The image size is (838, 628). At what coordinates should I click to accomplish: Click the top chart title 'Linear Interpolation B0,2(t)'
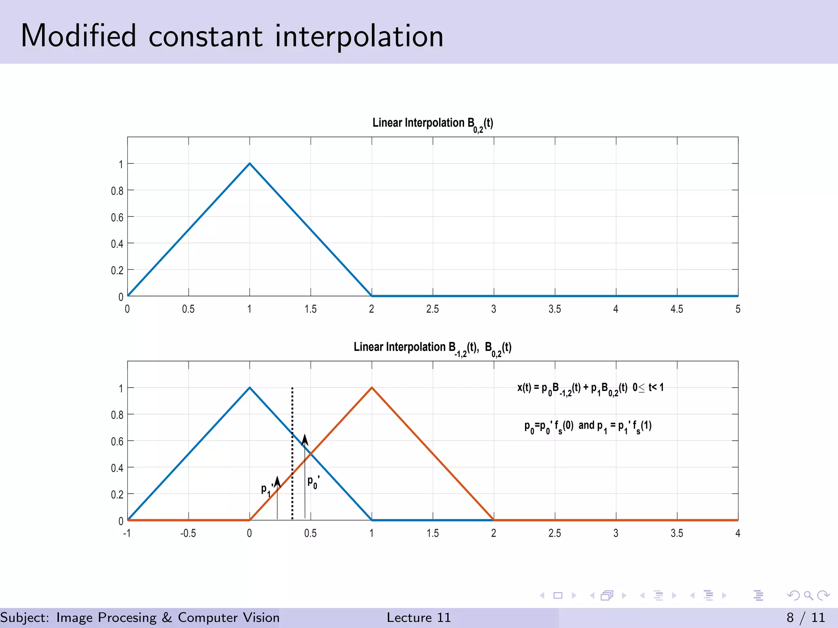(x=433, y=123)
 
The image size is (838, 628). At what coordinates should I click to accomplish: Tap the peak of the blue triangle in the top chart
(x=250, y=164)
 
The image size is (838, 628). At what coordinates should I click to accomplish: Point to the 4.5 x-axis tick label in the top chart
(x=677, y=309)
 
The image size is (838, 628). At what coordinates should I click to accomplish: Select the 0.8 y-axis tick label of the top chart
(x=117, y=191)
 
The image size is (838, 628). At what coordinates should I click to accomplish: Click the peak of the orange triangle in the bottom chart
(x=372, y=388)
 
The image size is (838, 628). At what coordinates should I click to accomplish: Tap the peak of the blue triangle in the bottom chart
(x=250, y=388)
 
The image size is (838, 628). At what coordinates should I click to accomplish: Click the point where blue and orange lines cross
(x=311, y=453)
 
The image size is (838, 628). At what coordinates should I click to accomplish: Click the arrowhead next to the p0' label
(x=305, y=440)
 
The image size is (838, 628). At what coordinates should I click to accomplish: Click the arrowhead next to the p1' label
(x=277, y=481)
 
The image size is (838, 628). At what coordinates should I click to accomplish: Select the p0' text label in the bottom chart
(x=313, y=482)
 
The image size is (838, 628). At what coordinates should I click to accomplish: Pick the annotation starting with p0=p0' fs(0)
(x=588, y=426)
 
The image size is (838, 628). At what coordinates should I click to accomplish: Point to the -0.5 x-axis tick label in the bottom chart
(x=188, y=533)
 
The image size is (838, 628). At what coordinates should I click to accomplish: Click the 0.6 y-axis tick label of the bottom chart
(x=117, y=442)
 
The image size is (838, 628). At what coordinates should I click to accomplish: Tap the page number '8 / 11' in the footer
(x=805, y=617)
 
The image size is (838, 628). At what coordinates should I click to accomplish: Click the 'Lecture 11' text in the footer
(x=419, y=617)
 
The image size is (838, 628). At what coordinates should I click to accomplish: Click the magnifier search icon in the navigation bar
(x=808, y=595)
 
